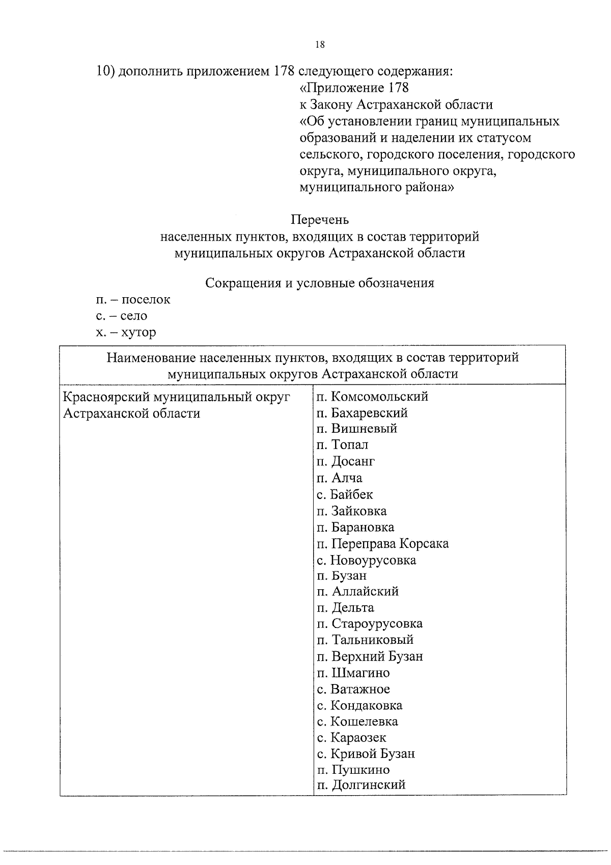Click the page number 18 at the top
pyautogui.click(x=320, y=44)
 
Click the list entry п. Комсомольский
pyautogui.click(x=372, y=397)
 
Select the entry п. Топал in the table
pyautogui.click(x=342, y=445)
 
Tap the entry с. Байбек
pyautogui.click(x=345, y=494)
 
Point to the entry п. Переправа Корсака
pyautogui.click(x=382, y=543)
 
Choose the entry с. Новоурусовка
pyautogui.click(x=366, y=560)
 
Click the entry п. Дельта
pyautogui.click(x=345, y=608)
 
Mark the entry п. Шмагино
pyautogui.click(x=353, y=673)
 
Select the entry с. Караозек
pyautogui.click(x=351, y=738)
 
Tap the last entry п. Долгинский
pyautogui.click(x=361, y=785)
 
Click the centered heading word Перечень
pyautogui.click(x=320, y=220)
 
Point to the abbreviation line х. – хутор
pyautogui.click(x=126, y=332)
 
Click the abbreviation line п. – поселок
pyautogui.click(x=133, y=300)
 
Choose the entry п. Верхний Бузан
pyautogui.click(x=370, y=656)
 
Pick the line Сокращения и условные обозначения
pyautogui.click(x=320, y=283)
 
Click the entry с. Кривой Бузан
pyautogui.click(x=366, y=753)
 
